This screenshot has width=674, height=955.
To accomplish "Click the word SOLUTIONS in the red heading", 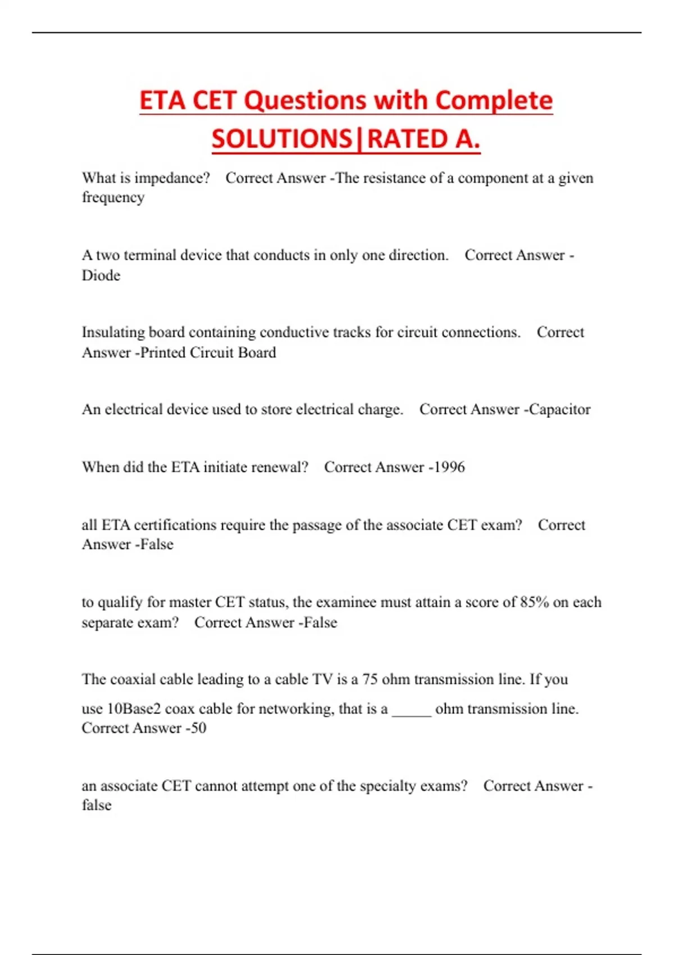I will pos(281,139).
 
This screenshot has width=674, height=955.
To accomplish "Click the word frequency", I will pos(113,198).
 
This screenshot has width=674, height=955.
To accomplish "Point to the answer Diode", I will pos(101,275).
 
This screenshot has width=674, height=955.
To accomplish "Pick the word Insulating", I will pos(113,332).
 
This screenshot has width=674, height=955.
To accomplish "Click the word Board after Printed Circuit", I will pos(256,353).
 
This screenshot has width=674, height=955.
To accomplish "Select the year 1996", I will pos(449,467).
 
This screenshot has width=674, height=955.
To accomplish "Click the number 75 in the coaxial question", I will pos(370,679).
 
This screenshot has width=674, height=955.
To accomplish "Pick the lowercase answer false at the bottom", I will pos(97,806).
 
